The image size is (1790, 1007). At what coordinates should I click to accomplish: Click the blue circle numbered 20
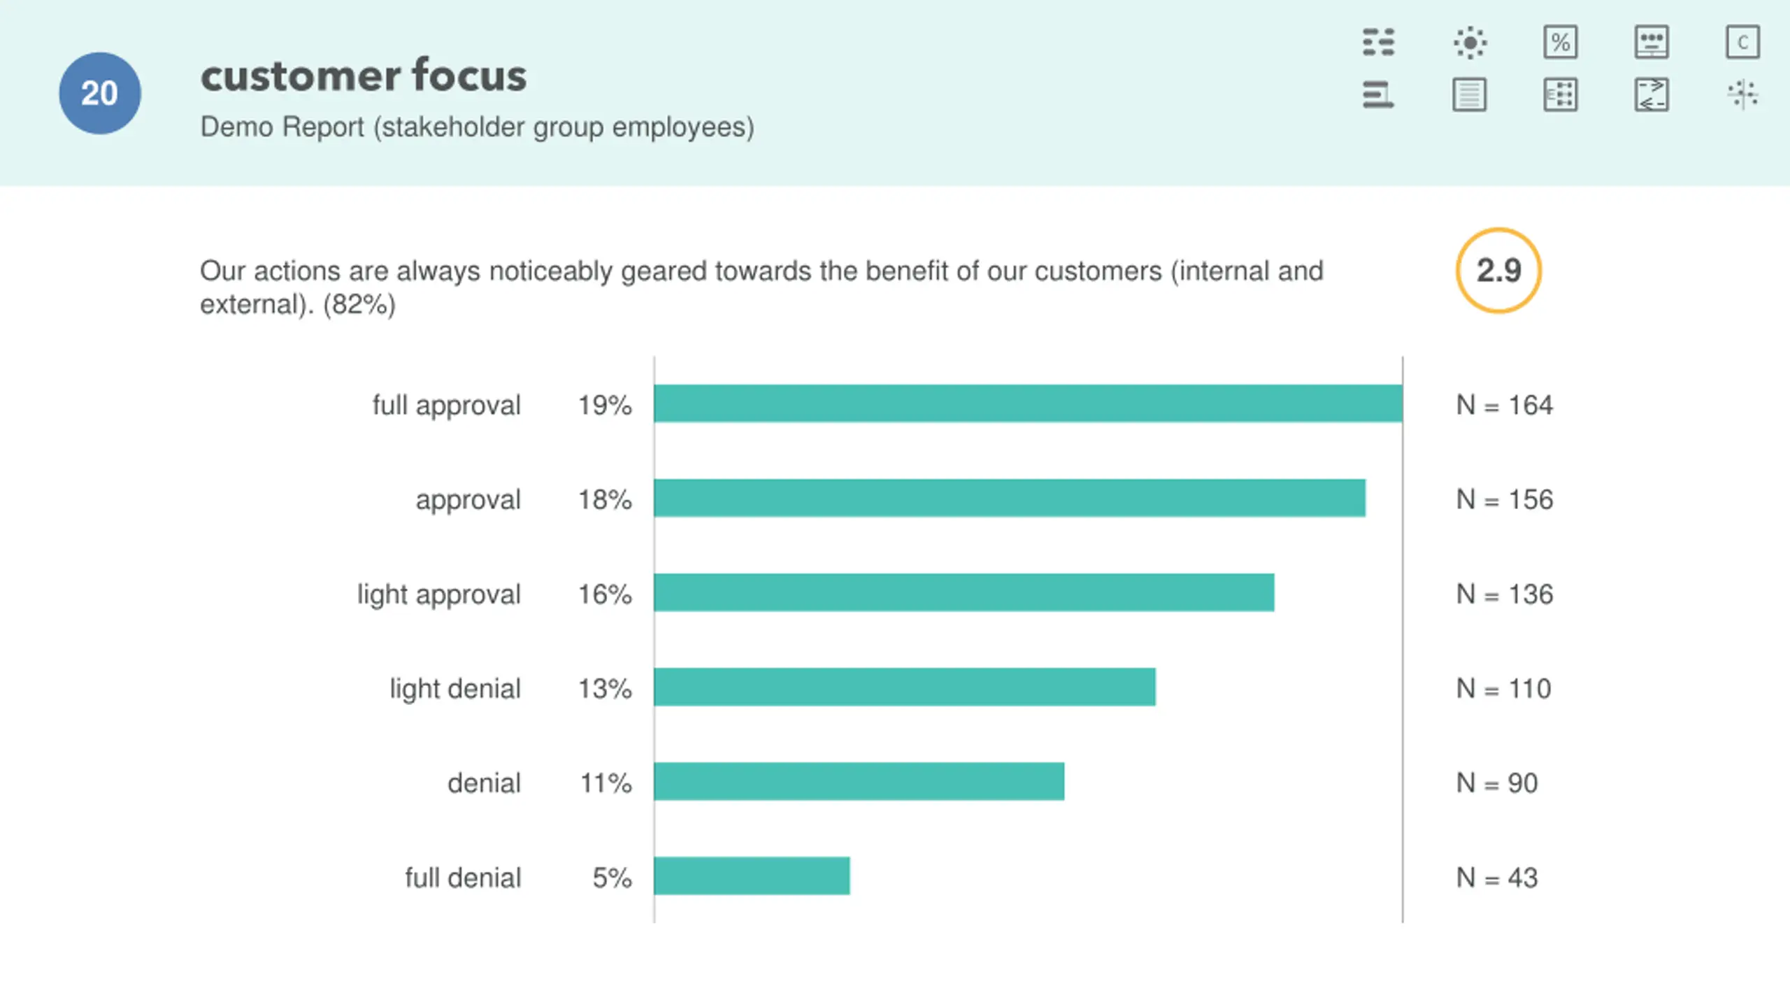(99, 93)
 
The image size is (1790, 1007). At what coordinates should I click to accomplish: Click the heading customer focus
(363, 76)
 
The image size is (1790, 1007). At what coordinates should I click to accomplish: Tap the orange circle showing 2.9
(1498, 271)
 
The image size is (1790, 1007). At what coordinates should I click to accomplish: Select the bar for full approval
(1028, 403)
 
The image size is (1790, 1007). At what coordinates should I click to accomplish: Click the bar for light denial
(904, 687)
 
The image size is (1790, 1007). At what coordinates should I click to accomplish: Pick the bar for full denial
(752, 876)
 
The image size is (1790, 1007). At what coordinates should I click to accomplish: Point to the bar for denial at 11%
(859, 781)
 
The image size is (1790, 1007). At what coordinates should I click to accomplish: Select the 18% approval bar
(1009, 498)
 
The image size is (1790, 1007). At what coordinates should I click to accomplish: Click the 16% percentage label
(604, 594)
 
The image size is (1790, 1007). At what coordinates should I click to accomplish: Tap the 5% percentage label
(612, 878)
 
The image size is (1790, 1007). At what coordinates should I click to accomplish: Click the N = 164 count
(1504, 405)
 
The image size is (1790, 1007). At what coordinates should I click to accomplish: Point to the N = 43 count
(1496, 878)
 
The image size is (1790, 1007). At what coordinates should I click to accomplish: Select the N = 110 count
(1503, 689)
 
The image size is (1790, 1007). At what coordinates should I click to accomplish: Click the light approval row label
(438, 594)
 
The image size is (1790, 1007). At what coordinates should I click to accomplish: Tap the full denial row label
(463, 878)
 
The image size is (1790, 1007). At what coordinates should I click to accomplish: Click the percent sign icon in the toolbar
(1560, 42)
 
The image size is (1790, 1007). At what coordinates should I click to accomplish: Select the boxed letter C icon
(1742, 42)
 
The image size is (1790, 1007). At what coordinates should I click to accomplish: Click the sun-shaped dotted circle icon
(1470, 42)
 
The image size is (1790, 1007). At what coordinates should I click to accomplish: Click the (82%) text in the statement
(359, 305)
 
